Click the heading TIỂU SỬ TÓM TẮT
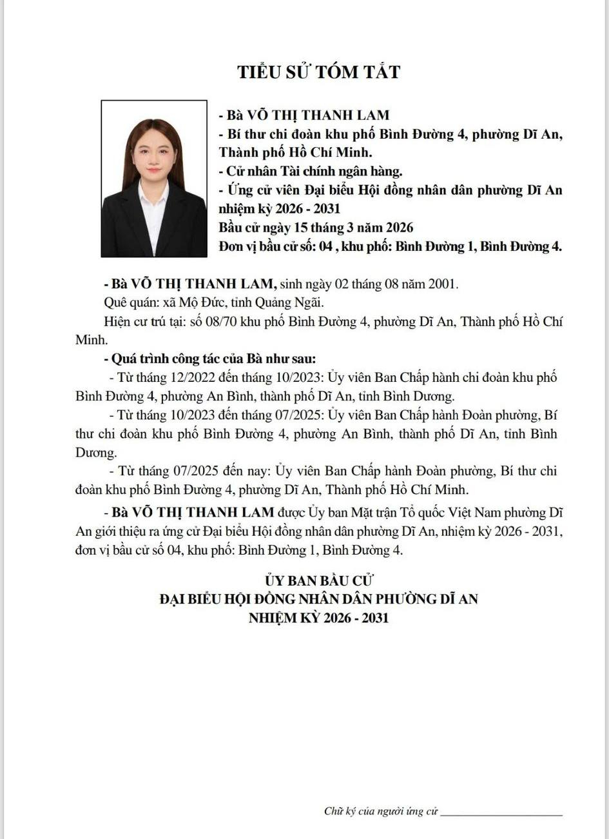318,71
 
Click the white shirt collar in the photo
153,197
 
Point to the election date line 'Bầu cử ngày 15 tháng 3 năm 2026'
315,228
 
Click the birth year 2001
443,284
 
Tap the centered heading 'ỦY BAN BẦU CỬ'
318,580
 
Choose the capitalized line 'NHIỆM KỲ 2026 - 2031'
318,618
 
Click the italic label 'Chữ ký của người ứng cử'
381,811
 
